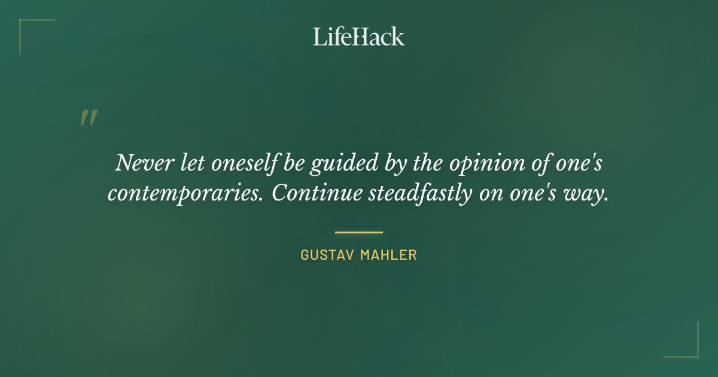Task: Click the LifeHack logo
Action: pos(359,37)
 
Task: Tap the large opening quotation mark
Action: pos(88,118)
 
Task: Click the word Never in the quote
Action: pos(137,163)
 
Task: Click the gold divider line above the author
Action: pos(359,232)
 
